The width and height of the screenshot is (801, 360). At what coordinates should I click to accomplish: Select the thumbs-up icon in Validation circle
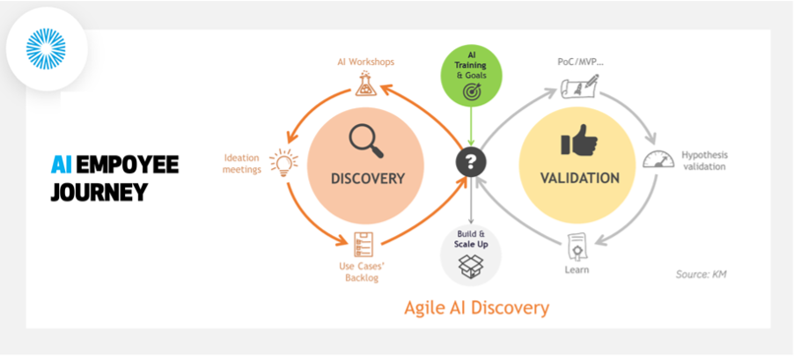[579, 141]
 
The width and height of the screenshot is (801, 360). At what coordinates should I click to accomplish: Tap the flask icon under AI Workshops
[365, 83]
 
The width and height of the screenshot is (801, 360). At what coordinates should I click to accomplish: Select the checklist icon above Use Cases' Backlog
[363, 242]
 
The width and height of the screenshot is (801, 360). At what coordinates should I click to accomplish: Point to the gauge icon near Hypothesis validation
[653, 159]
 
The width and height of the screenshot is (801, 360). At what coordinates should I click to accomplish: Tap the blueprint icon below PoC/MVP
[579, 86]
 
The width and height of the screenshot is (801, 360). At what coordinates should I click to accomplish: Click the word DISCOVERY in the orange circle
[368, 179]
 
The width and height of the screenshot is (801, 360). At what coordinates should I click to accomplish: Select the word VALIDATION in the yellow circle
[579, 179]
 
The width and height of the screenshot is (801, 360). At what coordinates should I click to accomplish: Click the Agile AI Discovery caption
[476, 307]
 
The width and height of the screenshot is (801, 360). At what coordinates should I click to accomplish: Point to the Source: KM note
[701, 275]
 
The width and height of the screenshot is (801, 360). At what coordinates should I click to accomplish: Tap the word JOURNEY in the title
[99, 192]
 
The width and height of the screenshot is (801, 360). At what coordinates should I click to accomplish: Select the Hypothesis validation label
[704, 161]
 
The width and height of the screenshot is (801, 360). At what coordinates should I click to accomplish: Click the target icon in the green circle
[471, 89]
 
